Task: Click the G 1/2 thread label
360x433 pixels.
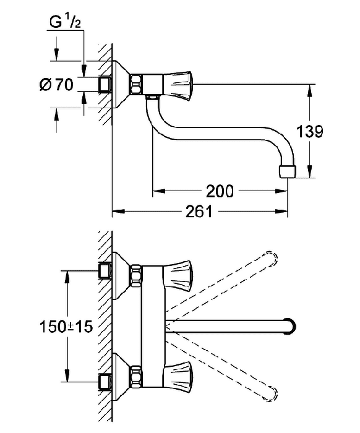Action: (66, 22)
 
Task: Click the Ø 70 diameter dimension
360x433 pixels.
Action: (56, 84)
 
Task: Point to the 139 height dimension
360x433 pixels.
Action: (309, 131)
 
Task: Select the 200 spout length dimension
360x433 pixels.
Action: (220, 191)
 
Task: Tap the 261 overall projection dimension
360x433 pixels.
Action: (199, 212)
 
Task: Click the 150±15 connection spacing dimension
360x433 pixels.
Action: (66, 327)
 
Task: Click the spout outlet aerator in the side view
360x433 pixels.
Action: (288, 171)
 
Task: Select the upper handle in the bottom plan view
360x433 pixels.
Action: (178, 275)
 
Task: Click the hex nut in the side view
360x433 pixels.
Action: (136, 84)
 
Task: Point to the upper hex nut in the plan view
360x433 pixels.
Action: (136, 275)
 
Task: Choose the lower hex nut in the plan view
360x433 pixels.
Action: (136, 376)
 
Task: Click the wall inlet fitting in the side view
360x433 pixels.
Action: (105, 84)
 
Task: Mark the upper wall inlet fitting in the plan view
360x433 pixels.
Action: (105, 271)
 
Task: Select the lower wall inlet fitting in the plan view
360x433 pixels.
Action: (105, 382)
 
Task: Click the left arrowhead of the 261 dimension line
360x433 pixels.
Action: (118, 212)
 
